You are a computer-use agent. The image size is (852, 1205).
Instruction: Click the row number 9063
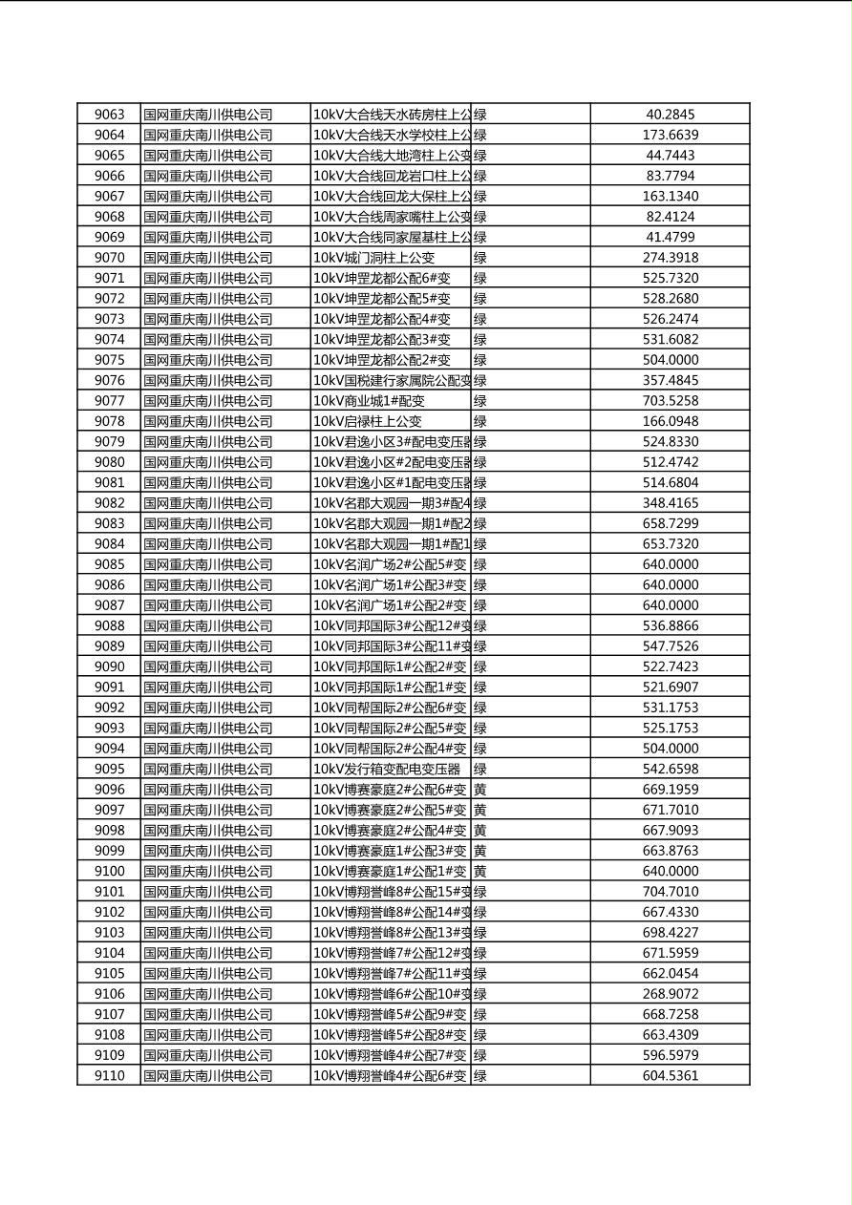109,115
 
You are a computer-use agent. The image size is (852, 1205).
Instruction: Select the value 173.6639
670,135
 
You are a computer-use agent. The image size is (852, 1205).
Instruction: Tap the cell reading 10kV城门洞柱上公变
373,258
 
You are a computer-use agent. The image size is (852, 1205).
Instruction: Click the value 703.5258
670,401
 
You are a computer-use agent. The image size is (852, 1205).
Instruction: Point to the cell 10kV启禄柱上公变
368,421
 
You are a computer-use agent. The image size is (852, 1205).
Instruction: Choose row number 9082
109,503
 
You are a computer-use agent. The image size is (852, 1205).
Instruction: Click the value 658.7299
670,523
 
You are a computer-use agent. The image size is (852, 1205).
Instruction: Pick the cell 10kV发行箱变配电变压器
387,769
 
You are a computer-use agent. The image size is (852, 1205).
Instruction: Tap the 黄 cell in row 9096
480,790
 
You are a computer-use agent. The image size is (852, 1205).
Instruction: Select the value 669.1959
670,790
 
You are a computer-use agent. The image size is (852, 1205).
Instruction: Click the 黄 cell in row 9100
480,871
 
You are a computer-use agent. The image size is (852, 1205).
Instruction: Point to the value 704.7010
670,892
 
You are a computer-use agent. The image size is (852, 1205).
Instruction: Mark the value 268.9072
670,994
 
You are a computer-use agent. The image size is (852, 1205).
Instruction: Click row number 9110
109,1076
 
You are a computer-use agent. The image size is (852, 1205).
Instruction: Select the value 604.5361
670,1076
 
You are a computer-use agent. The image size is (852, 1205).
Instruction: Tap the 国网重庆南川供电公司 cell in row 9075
208,360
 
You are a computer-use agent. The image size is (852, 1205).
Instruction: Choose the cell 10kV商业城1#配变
369,401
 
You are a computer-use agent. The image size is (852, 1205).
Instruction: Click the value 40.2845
670,115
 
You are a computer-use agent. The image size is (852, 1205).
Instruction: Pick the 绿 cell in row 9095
480,769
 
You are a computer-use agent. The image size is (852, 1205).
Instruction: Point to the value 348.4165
670,503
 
